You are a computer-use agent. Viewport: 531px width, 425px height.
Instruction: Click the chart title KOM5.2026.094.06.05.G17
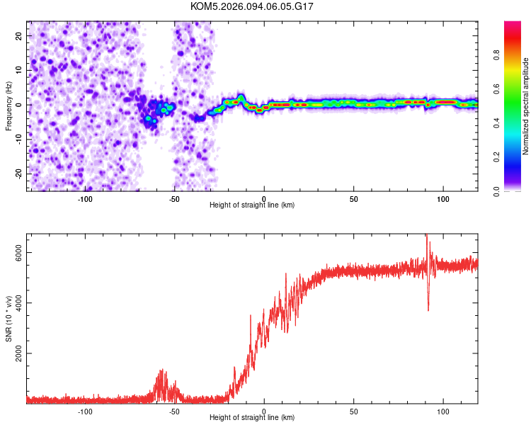click(252, 6)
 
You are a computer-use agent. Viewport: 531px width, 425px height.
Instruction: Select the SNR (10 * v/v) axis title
click(8, 319)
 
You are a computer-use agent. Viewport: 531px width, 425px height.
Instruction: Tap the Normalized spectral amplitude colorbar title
click(526, 106)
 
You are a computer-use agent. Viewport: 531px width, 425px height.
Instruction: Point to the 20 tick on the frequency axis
click(19, 35)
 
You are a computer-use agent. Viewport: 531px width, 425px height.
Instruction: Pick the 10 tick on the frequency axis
click(19, 70)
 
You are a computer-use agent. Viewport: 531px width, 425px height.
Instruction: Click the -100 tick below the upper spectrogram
click(85, 198)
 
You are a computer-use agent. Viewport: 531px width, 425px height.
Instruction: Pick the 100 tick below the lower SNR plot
click(443, 411)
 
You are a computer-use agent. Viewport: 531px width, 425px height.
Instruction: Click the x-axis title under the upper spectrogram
click(252, 205)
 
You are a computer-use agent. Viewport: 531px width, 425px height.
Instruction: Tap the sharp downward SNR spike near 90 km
click(428, 307)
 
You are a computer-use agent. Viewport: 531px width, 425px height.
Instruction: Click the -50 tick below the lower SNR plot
click(174, 411)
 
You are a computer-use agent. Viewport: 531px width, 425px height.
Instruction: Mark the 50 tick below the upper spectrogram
click(353, 198)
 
